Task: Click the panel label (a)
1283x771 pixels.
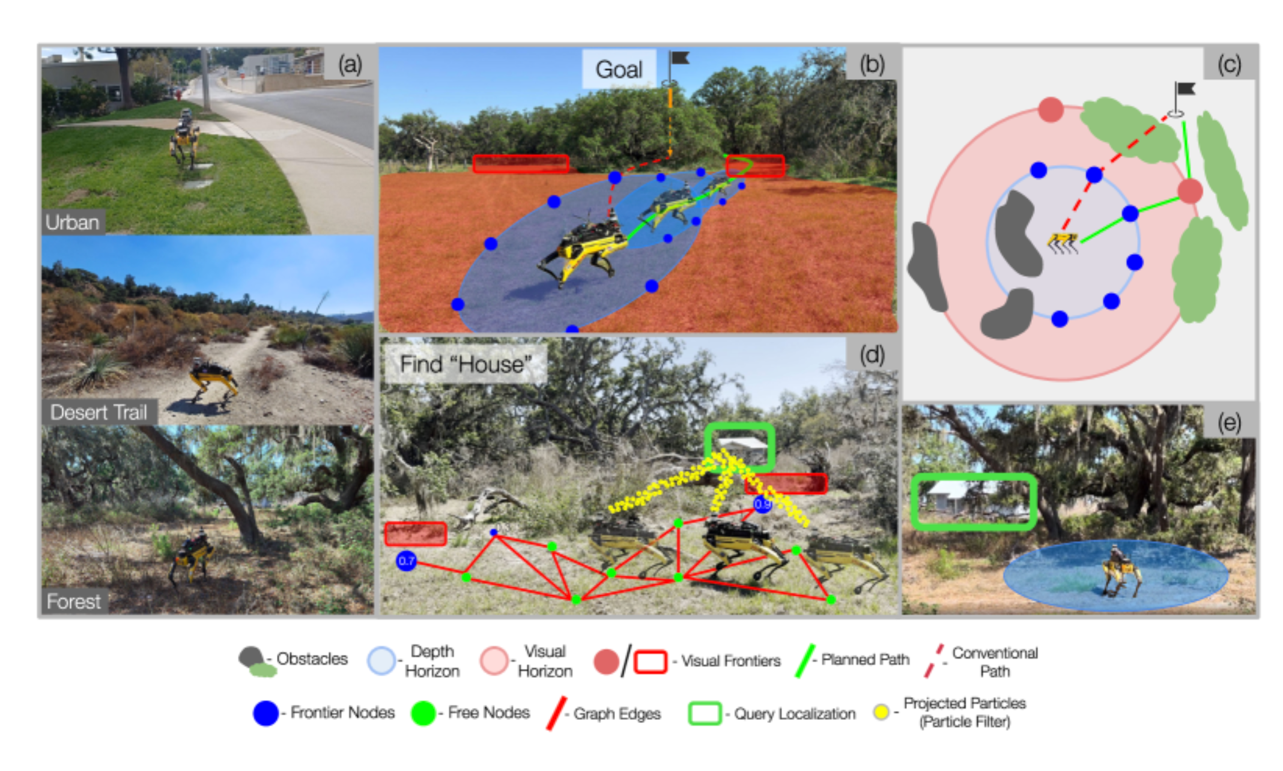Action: tap(350, 64)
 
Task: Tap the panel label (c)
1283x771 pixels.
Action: tap(1229, 64)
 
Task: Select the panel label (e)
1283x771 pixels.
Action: tap(1229, 423)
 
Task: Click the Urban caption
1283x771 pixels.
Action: tap(72, 222)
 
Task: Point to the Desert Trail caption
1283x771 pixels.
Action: tap(99, 412)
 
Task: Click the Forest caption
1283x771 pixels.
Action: tap(74, 601)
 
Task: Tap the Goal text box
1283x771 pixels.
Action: tap(619, 69)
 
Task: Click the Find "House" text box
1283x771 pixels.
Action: tap(466, 364)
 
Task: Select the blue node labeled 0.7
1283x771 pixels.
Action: tap(407, 561)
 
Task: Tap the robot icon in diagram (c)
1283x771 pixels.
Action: tap(1063, 243)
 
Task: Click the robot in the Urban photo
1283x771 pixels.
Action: tap(184, 139)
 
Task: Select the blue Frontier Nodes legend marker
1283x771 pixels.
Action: tap(265, 713)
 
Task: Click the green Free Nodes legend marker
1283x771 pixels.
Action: tap(423, 713)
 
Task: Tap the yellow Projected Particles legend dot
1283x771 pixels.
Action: tap(881, 713)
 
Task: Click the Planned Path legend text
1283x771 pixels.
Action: tap(865, 659)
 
